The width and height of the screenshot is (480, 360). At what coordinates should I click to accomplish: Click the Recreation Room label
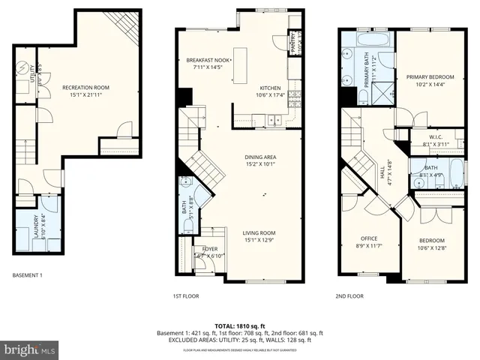(85, 88)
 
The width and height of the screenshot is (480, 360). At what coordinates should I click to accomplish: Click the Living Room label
(258, 232)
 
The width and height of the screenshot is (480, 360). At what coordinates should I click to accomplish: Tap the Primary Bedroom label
(430, 76)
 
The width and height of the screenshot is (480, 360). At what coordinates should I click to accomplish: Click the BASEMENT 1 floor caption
(28, 275)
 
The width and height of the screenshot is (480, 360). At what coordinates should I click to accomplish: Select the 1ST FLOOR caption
(187, 296)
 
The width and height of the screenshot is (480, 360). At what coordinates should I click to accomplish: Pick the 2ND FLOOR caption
(349, 296)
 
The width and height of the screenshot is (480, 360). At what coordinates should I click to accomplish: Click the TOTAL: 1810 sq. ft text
(239, 325)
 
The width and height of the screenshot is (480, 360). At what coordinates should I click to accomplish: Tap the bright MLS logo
(28, 349)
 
